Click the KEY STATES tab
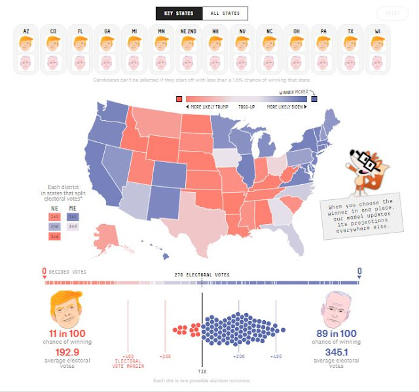pos(179,13)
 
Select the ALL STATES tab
pos(225,13)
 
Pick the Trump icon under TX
pos(350,43)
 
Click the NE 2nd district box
pos(54,226)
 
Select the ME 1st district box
pos(73,216)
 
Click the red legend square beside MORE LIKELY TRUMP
pos(179,99)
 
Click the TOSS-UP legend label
pos(247,106)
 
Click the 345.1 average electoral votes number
pos(336,353)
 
